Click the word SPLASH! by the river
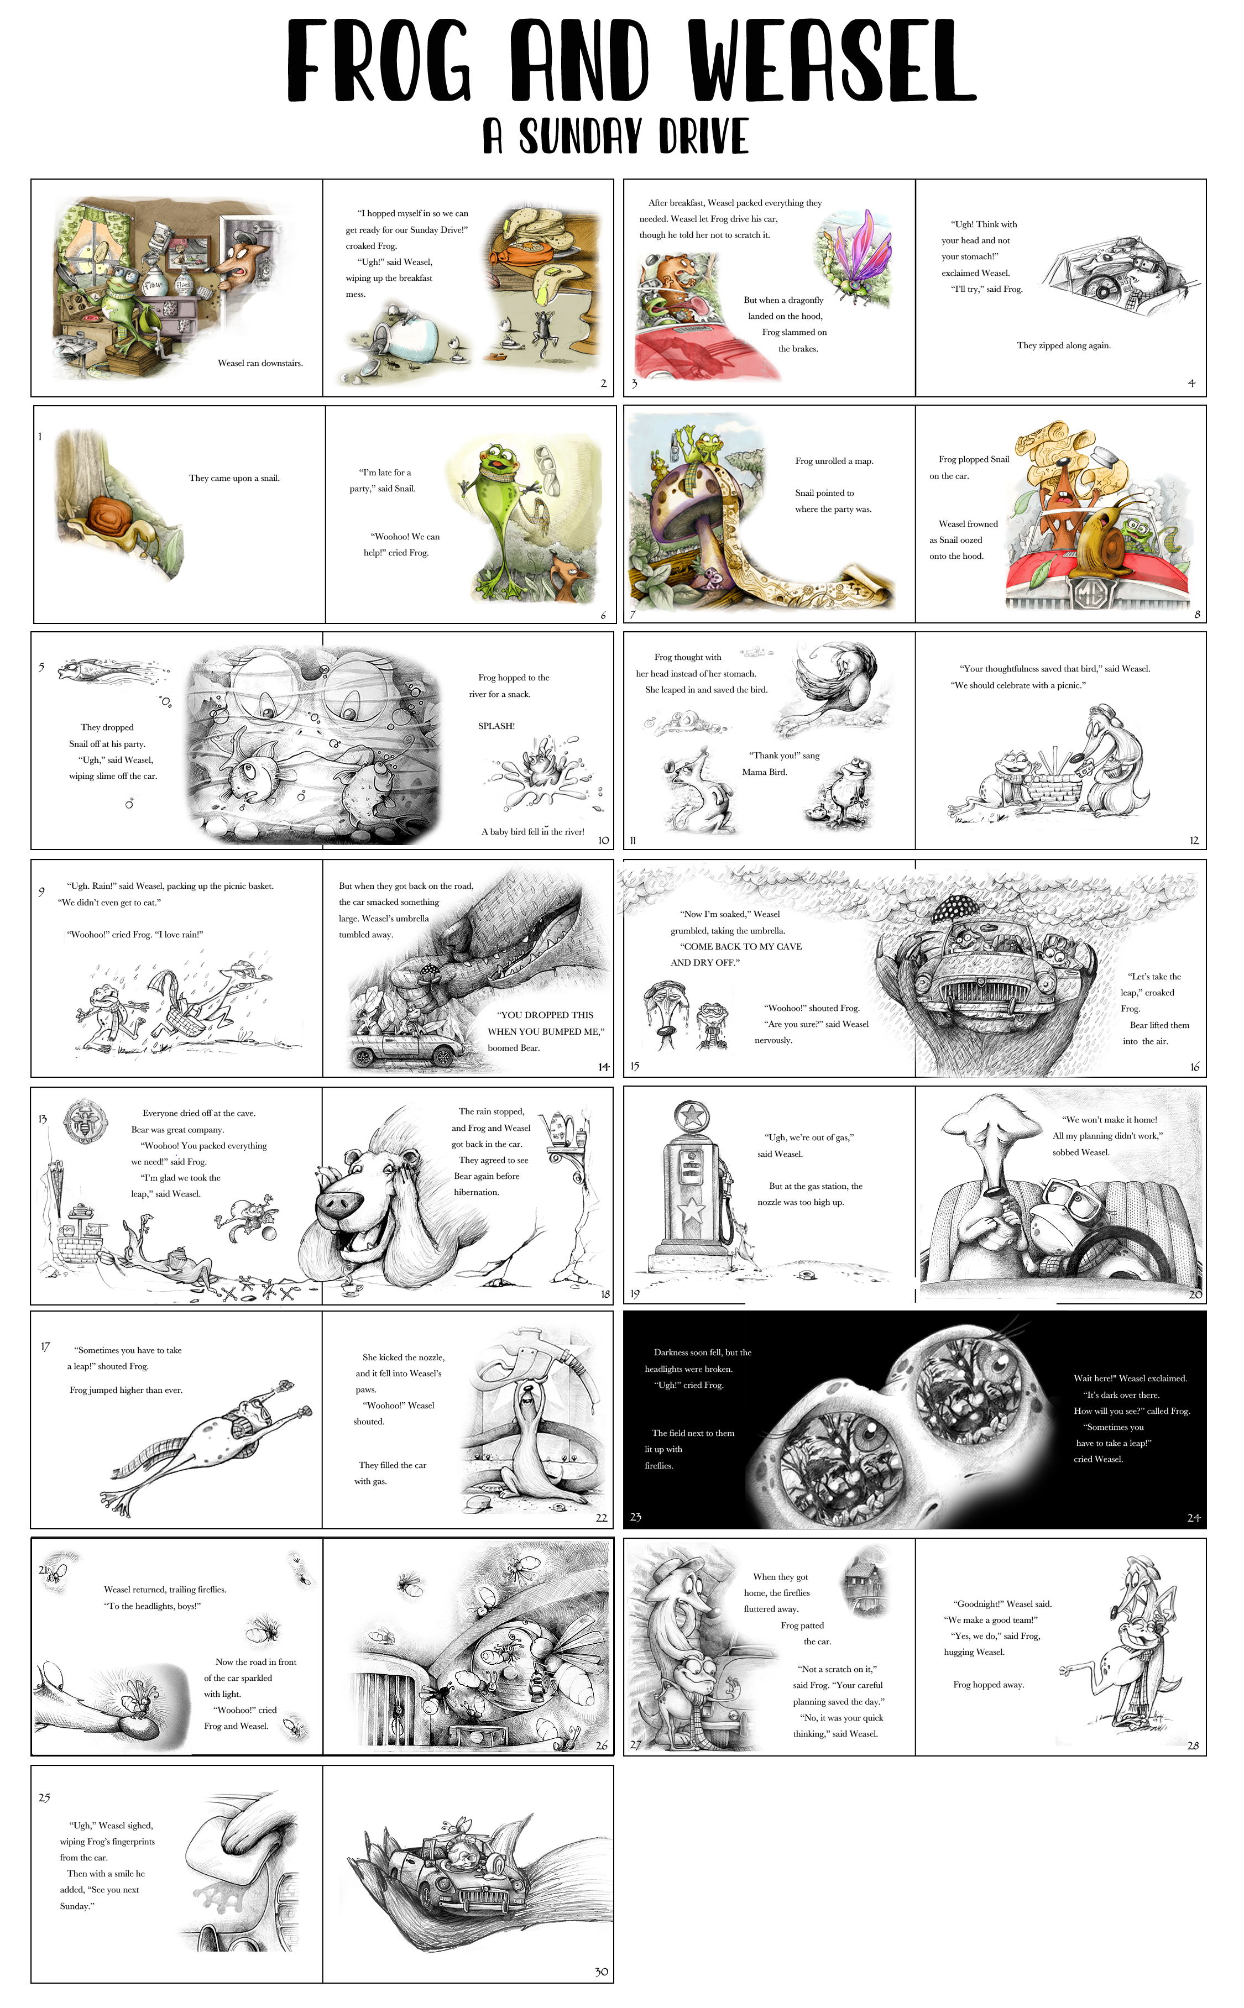(x=496, y=727)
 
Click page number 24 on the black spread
(x=1193, y=1518)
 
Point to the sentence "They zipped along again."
(x=1064, y=346)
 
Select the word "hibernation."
(x=477, y=1192)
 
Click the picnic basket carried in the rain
(x=187, y=1020)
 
